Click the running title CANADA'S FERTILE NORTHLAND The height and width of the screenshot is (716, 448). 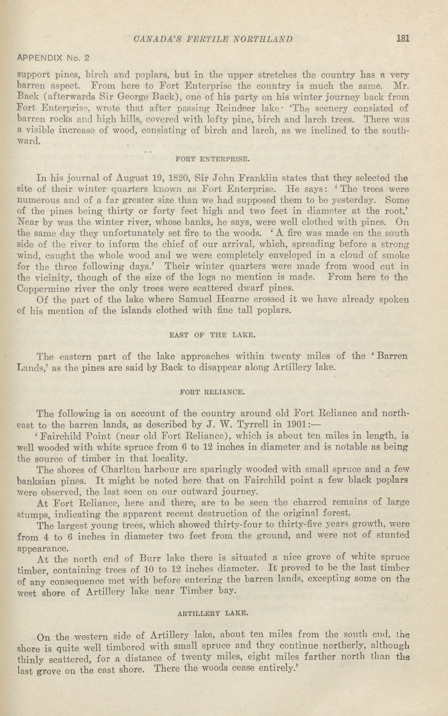click(213, 39)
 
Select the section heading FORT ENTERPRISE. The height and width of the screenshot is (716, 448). click(213, 159)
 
